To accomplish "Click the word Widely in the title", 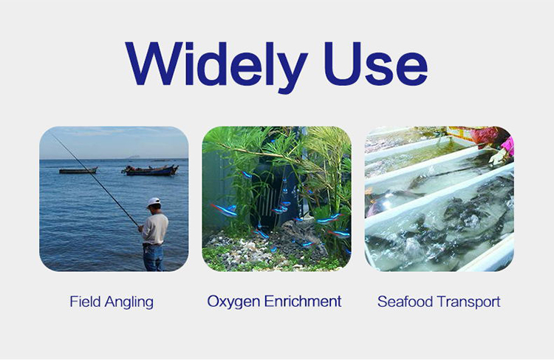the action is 216,67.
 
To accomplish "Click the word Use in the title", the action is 375,64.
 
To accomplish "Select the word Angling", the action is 129,303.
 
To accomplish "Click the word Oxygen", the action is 234,302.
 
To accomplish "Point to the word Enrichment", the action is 303,301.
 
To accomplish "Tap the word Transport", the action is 468,302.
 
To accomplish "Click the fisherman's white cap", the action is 154,202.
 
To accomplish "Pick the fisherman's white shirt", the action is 155,229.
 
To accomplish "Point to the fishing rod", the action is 95,180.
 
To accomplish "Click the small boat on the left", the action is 78,171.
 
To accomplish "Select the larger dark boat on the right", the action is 150,171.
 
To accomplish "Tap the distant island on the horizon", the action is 134,157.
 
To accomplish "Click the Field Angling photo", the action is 114,199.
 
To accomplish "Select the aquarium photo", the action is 276,199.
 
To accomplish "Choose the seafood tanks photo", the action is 440,199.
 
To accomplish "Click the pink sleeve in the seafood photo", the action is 507,146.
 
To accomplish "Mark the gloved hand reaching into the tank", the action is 497,157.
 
